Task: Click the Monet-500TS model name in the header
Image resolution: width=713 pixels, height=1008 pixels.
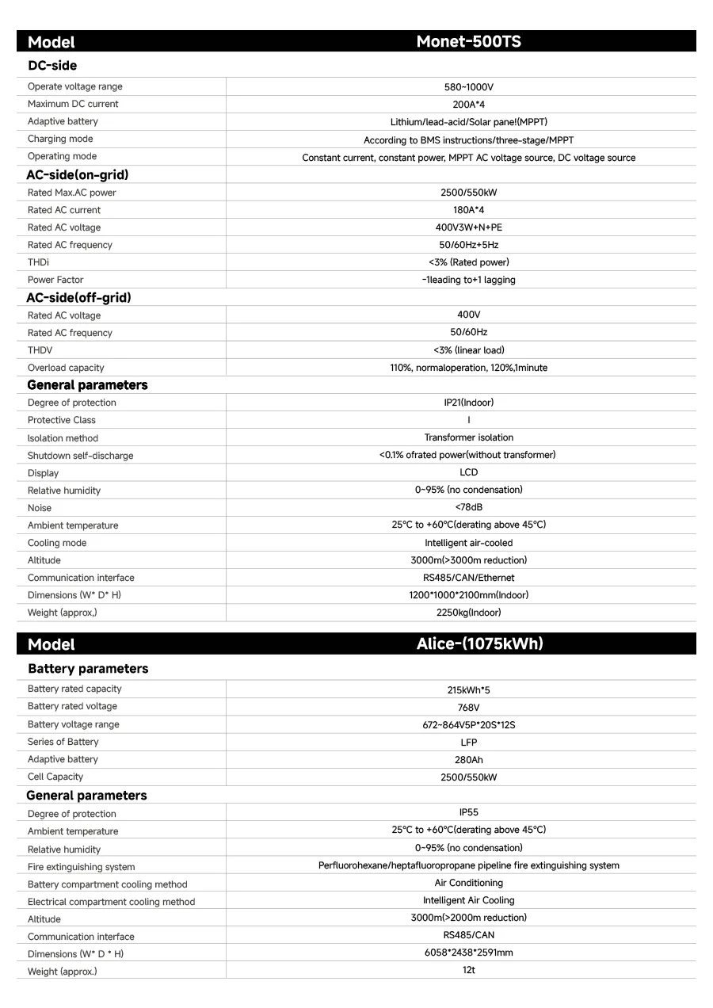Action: click(x=468, y=41)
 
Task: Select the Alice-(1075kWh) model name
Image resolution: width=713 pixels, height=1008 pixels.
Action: click(x=480, y=643)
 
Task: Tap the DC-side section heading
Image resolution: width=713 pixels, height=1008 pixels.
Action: click(x=52, y=66)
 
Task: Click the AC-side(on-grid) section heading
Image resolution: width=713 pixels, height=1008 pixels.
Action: click(x=78, y=174)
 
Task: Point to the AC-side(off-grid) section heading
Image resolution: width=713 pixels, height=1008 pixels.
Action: click(x=79, y=297)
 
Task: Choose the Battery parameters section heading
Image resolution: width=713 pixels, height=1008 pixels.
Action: click(x=88, y=669)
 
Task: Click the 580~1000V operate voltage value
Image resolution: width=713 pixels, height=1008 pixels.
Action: click(x=468, y=87)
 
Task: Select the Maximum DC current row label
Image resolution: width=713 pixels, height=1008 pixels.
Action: click(x=73, y=104)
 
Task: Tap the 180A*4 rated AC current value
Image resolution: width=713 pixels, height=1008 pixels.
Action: click(x=468, y=210)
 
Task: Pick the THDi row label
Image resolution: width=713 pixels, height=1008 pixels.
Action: click(x=38, y=262)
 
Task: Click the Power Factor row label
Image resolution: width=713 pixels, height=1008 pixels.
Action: click(x=55, y=280)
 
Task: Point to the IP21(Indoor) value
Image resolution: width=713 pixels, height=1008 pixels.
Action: click(x=468, y=403)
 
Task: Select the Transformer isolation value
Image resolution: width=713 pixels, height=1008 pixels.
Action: click(x=468, y=437)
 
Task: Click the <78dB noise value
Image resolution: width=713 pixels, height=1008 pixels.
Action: click(x=468, y=507)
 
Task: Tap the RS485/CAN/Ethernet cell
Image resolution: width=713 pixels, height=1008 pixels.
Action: click(x=468, y=578)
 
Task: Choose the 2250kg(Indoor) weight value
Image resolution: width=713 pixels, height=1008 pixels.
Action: click(x=468, y=613)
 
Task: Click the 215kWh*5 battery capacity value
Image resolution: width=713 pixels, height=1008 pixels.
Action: click(x=468, y=689)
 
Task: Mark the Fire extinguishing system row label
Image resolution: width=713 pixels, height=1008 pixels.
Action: click(x=81, y=867)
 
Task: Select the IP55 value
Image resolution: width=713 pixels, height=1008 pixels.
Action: click(x=468, y=812)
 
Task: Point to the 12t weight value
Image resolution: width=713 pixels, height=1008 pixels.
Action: click(x=468, y=970)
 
